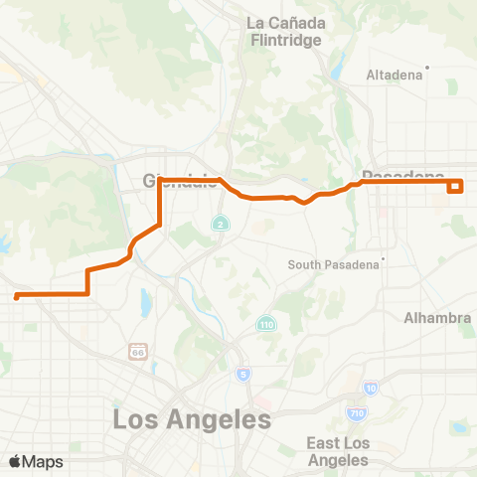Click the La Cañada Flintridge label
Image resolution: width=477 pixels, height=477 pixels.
tap(282, 31)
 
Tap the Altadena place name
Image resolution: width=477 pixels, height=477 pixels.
tap(395, 75)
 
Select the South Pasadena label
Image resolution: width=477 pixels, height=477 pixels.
tap(333, 264)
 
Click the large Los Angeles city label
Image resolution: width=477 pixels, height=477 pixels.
tap(192, 419)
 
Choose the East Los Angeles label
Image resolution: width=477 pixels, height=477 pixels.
tap(338, 451)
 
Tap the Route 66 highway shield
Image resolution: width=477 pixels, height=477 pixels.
tap(136, 351)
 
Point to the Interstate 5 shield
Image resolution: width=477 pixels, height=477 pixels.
tap(242, 374)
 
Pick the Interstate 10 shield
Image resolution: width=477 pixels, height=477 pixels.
tap(371, 388)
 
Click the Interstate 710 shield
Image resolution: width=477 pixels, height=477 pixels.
tap(356, 411)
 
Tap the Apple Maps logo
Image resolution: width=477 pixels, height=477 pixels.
tap(36, 461)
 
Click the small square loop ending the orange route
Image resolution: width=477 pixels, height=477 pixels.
tap(456, 185)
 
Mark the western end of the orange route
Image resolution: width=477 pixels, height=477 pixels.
tap(17, 296)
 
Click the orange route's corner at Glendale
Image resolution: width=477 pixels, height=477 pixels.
tap(160, 180)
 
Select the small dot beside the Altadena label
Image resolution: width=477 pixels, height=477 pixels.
tap(427, 69)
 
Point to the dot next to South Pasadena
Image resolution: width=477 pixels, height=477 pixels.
tap(382, 263)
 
